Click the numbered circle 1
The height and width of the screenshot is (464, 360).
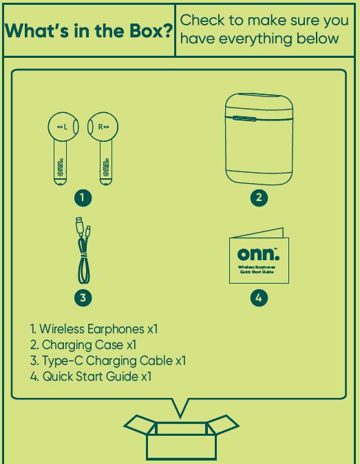coord(83,198)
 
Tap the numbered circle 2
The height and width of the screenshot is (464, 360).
coord(259,198)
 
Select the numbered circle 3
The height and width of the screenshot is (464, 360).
coord(83,297)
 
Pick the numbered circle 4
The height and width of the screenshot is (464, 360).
coord(259,297)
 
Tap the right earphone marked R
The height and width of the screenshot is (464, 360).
coord(103,148)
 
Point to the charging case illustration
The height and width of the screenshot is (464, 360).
coord(259,139)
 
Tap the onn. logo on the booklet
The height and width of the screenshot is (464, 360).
coord(258,254)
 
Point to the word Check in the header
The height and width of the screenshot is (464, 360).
coord(202,20)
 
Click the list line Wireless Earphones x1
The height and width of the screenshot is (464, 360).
coord(94,329)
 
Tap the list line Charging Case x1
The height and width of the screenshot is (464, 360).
coord(83,345)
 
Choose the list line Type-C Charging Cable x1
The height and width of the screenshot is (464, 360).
coord(108,361)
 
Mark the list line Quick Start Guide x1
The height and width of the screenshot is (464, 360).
coord(91,377)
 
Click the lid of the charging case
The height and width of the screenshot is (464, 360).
coord(259,105)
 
